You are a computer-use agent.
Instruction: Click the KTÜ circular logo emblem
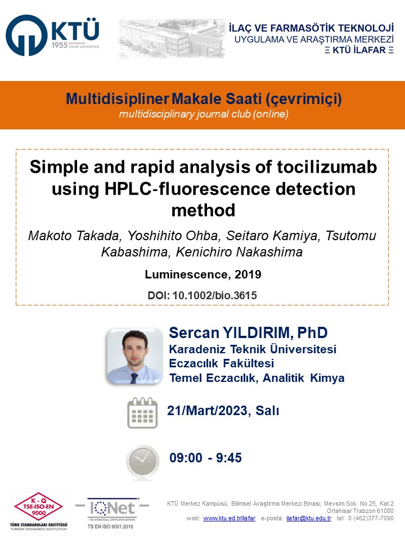26,35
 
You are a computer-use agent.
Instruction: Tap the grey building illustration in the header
172,39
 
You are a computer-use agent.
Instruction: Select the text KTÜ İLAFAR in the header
359,50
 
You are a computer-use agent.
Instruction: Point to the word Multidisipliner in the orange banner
117,99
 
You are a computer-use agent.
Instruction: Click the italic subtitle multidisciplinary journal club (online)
204,114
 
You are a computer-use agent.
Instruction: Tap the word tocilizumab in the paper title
327,167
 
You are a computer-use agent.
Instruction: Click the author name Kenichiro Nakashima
239,252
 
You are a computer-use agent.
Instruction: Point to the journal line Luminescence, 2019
203,274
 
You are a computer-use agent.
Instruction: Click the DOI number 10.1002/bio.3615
214,295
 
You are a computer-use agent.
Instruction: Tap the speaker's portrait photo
134,356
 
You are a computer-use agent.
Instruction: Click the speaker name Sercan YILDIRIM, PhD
248,332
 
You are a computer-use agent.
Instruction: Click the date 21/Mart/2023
209,411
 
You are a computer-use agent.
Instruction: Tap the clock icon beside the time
142,461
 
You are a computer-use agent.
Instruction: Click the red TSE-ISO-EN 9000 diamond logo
39,506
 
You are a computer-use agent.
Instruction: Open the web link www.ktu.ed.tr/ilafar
229,518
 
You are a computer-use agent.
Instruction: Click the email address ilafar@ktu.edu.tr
309,518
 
